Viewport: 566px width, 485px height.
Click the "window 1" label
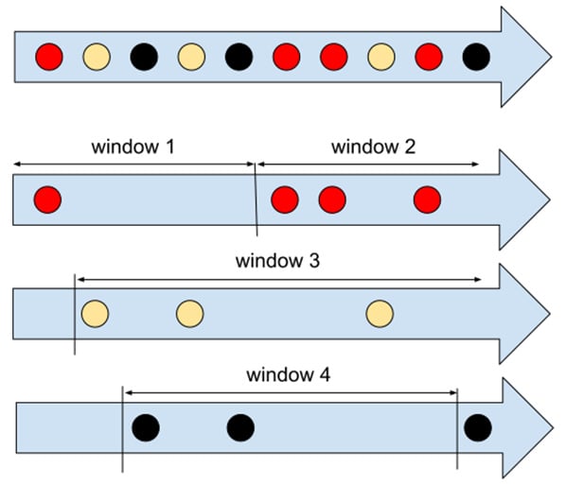[133, 147]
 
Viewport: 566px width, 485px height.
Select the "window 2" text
[372, 147]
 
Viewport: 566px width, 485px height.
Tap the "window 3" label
[278, 261]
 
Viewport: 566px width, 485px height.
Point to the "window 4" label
[289, 373]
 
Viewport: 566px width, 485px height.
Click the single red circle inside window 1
[47, 199]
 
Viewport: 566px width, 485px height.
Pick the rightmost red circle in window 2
[427, 199]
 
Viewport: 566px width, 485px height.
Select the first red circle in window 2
[285, 199]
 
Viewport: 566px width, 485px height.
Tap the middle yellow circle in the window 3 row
[189, 313]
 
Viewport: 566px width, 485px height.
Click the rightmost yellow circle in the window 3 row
[380, 313]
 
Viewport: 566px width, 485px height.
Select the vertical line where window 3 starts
[75, 314]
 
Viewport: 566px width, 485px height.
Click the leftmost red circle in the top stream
[49, 57]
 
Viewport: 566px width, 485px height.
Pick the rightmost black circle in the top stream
[476, 57]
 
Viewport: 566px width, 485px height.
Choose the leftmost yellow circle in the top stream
[97, 57]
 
